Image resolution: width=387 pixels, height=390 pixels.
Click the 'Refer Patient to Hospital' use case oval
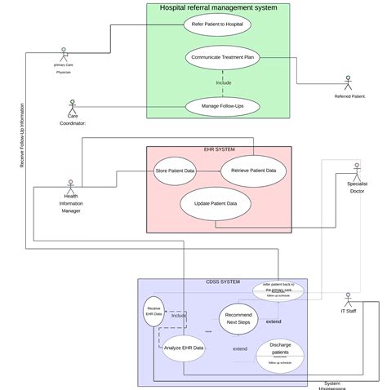tap(216, 24)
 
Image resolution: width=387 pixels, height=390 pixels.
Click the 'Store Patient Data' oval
tap(175, 171)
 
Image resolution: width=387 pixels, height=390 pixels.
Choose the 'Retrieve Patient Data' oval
tap(254, 171)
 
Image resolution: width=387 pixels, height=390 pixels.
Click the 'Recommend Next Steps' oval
tap(238, 318)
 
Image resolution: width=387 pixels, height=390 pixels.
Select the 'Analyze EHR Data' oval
tap(184, 348)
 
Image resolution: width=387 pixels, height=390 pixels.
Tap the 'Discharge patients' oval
tap(280, 353)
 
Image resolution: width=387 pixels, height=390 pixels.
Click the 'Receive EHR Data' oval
tap(153, 312)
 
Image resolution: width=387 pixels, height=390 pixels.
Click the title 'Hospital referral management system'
tap(218, 7)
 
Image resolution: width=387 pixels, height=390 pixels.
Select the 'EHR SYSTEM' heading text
tap(219, 150)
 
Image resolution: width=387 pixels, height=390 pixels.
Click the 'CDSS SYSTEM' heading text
tap(221, 281)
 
